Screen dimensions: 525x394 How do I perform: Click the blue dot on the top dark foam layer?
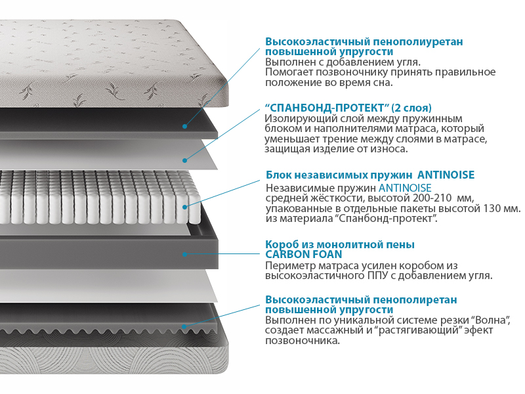tap(184, 126)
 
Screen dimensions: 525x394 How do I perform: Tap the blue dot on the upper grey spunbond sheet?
tap(184, 160)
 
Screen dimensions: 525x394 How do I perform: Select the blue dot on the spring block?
tap(184, 207)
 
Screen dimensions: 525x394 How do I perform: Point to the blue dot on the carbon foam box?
tap(184, 254)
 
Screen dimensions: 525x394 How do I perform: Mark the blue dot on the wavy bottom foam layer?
tap(184, 326)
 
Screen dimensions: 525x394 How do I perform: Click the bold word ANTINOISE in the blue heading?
tap(446, 175)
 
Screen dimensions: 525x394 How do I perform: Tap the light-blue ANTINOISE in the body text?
tap(405, 188)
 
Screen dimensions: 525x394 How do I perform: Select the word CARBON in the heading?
tap(287, 254)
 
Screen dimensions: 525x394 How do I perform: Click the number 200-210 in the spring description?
tap(432, 198)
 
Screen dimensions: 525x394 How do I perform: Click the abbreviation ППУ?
tap(377, 276)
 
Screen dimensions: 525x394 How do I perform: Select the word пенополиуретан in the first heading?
tap(418, 42)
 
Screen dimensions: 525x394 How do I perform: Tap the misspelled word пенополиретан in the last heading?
tap(415, 300)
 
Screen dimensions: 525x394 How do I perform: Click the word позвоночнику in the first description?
tap(352, 72)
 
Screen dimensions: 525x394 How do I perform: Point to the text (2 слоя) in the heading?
tap(411, 108)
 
